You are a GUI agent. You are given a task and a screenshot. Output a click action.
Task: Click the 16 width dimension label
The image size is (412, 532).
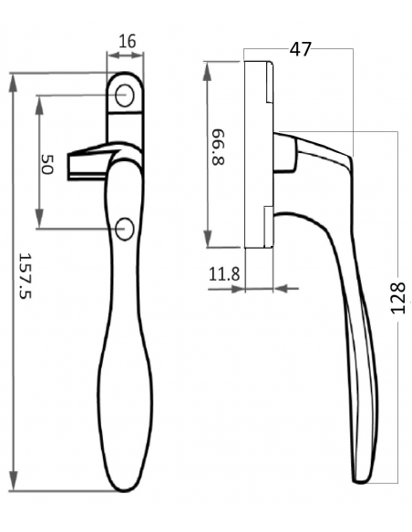point(128,41)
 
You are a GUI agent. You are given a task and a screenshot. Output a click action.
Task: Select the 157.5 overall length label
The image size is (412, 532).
point(25,275)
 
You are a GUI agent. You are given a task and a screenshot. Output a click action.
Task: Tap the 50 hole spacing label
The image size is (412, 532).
point(47,165)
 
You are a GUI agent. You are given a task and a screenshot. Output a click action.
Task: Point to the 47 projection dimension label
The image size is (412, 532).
point(300,49)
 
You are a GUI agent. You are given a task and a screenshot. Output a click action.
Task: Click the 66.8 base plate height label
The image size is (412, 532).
point(218,147)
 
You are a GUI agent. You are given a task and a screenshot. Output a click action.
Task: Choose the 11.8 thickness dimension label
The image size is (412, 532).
point(224,274)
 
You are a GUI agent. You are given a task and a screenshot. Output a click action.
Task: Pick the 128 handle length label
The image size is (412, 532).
point(398,298)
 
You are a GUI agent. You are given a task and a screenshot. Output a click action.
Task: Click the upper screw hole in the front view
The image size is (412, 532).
point(125,96)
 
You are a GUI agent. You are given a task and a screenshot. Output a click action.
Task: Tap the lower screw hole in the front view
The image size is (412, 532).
point(125,229)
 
